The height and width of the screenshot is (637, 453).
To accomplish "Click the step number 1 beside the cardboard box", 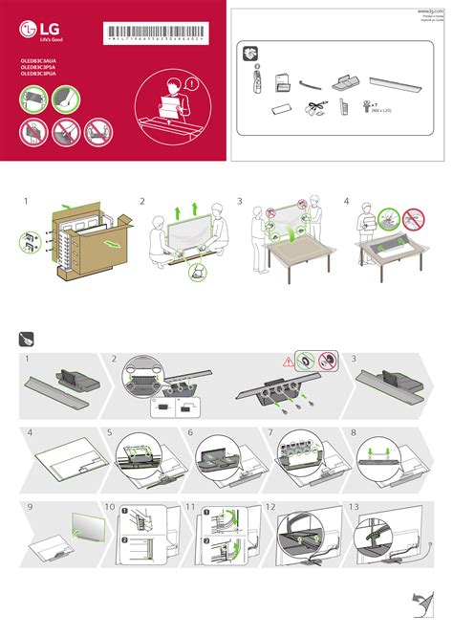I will pyautogui.click(x=27, y=202).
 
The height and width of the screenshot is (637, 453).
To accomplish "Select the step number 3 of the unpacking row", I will pyautogui.click(x=241, y=202).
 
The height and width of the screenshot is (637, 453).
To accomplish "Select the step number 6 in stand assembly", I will pyautogui.click(x=191, y=432).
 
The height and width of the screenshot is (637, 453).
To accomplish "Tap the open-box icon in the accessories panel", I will pyautogui.click(x=250, y=56).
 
